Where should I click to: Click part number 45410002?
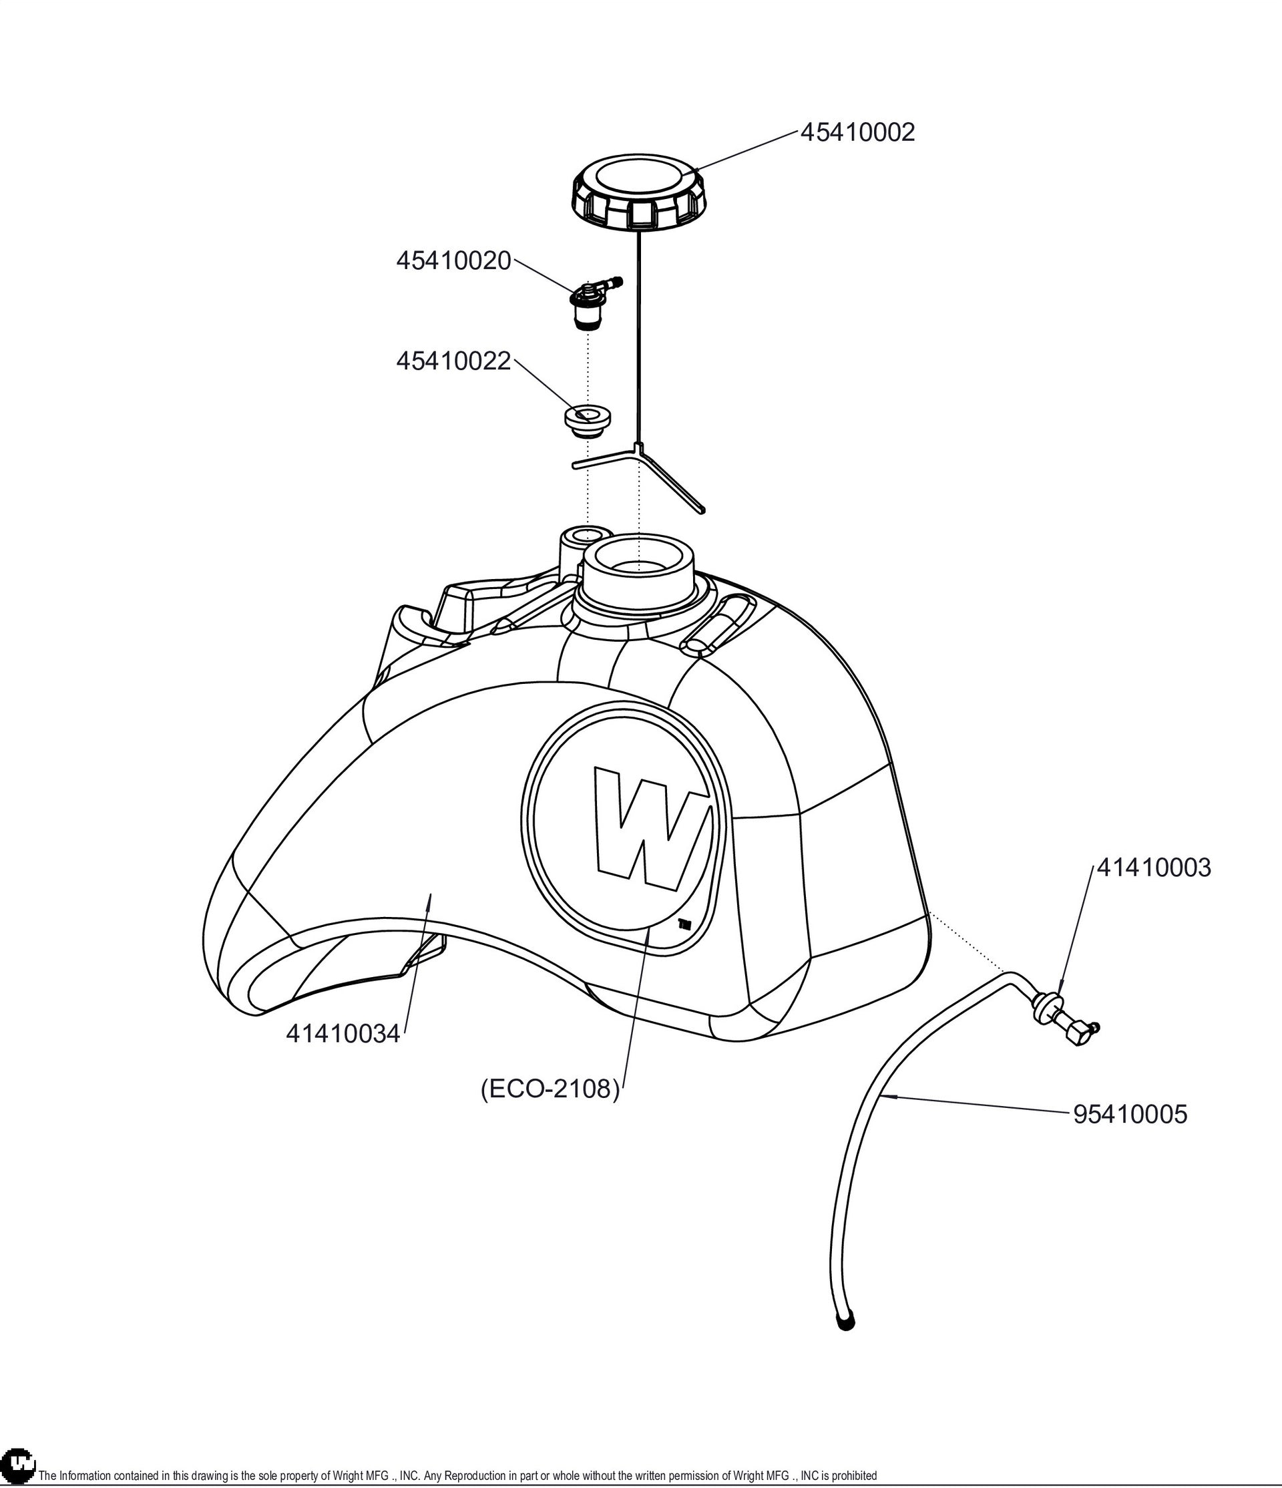click(x=857, y=132)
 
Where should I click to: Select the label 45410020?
click(x=453, y=260)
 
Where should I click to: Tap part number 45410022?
click(x=453, y=361)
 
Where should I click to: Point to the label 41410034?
click(x=343, y=1033)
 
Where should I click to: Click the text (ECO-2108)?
click(x=550, y=1089)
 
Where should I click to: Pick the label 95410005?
click(x=1130, y=1114)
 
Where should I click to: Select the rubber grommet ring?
click(x=586, y=419)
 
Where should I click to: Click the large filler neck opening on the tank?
click(x=638, y=564)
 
